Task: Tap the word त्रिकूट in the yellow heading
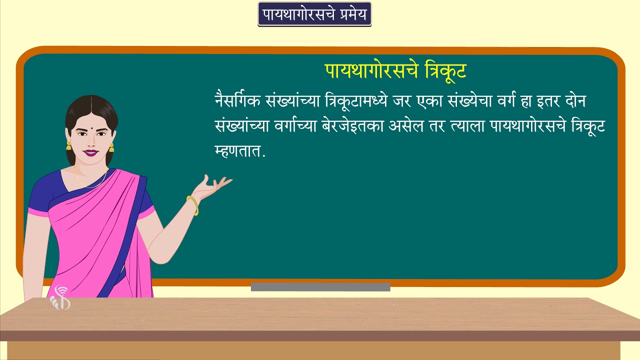pos(444,71)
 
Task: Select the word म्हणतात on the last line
pos(237,151)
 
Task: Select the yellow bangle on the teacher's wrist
pos(192,205)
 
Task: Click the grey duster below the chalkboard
pos(320,287)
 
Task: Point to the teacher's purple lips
pos(91,152)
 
